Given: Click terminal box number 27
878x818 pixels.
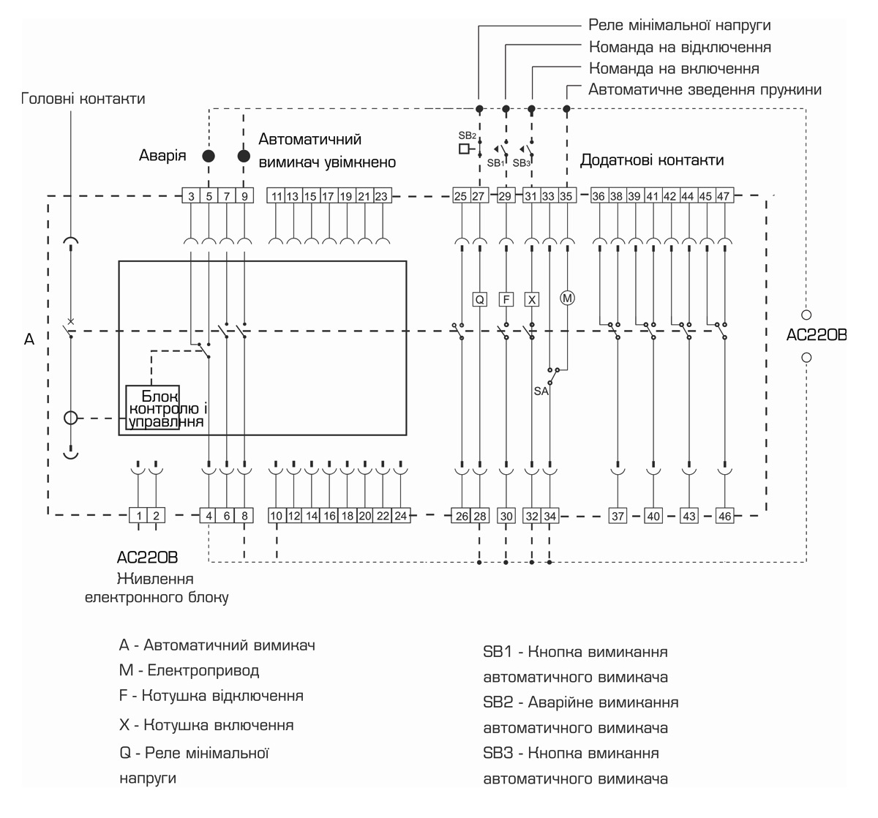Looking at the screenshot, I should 479,196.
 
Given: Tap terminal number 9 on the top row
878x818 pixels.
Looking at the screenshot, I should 244,196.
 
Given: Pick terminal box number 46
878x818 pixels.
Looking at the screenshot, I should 724,516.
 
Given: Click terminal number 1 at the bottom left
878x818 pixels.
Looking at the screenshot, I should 138,516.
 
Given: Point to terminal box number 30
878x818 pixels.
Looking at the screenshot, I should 506,516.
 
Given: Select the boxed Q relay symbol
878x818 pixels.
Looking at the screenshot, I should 479,299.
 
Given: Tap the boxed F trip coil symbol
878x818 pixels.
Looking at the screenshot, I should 506,299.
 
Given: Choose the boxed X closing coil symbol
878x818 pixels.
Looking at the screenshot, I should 532,299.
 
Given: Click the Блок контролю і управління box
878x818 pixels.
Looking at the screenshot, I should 152,408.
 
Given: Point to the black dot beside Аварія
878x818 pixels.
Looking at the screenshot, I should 209,156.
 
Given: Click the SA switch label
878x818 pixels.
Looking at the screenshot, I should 541,391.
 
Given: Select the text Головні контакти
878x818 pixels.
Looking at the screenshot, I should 83,98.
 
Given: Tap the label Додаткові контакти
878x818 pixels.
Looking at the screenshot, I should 652,160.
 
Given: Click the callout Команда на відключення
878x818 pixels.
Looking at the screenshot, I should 680,47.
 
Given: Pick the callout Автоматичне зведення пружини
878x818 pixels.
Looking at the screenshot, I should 705,89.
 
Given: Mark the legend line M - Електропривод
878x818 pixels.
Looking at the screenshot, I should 189,670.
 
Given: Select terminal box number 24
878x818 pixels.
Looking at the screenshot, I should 400,516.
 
